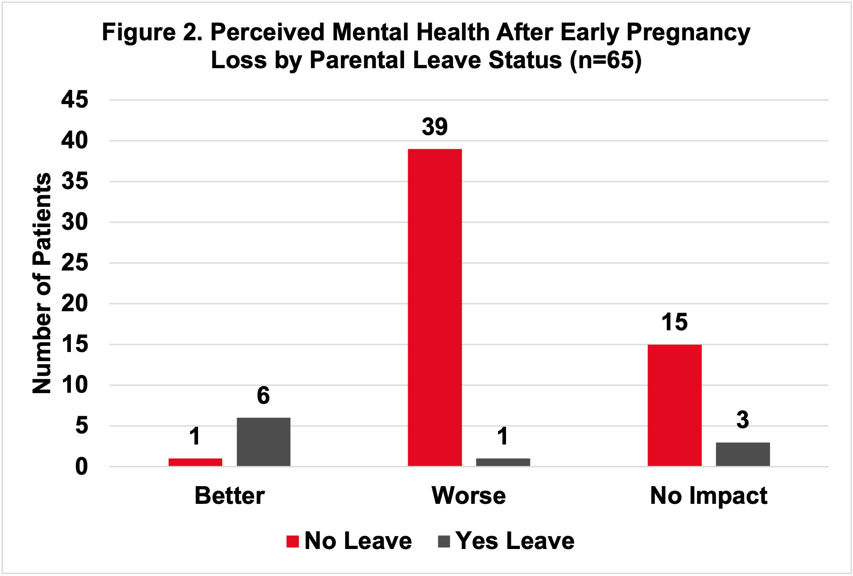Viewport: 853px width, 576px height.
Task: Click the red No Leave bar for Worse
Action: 435,307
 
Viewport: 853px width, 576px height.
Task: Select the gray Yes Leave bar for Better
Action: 263,441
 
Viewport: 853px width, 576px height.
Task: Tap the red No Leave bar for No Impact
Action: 674,405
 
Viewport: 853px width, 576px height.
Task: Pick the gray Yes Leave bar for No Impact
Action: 743,454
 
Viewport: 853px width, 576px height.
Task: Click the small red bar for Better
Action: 195,462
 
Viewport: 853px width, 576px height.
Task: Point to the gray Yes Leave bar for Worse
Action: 503,462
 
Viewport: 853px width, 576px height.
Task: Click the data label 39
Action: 435,127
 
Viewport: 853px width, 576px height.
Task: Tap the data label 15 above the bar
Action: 674,322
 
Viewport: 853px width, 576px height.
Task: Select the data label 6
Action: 263,395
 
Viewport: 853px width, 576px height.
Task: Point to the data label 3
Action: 743,420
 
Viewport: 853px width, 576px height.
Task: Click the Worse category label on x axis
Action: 468,495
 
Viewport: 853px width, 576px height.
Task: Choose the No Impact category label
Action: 708,495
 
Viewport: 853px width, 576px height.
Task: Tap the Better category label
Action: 230,495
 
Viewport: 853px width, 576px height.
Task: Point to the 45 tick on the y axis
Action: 74,100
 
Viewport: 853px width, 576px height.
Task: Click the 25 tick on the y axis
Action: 74,263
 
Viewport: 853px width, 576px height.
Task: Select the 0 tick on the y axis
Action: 82,467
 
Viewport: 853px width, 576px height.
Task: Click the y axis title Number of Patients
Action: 42,283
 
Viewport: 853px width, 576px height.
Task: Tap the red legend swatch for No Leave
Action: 292,541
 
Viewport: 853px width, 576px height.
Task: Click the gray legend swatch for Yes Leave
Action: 444,541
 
